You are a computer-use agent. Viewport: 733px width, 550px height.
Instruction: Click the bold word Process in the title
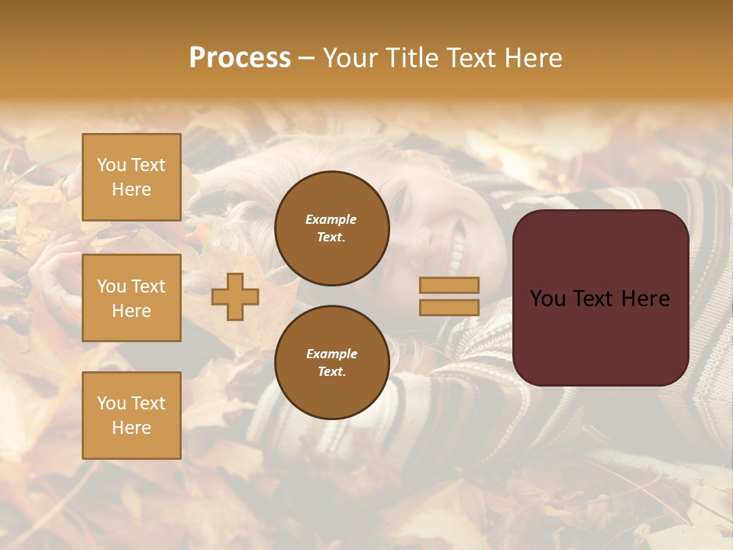pos(240,58)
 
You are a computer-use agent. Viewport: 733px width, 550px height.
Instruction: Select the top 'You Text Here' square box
pos(131,177)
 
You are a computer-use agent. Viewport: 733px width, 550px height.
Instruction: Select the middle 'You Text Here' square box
pos(131,298)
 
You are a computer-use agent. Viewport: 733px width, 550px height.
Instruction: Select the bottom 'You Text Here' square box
pos(131,416)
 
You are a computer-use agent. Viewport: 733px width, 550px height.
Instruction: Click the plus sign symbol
pos(235,296)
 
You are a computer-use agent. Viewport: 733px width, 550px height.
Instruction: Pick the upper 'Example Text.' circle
pos(332,228)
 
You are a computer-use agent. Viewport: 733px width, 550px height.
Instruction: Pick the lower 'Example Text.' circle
pos(332,362)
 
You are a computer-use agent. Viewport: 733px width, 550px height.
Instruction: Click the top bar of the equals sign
pos(449,285)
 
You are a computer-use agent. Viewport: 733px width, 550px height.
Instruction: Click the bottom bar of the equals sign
pos(449,307)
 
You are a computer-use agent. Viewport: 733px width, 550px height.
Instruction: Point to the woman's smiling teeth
pos(457,247)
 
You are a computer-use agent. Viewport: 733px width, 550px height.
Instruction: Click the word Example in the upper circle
pos(331,219)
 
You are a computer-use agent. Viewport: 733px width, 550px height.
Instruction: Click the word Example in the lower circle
pos(331,354)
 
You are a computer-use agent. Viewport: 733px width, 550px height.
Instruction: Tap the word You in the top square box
pos(111,165)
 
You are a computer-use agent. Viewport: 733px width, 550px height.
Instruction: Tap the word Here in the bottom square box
pos(131,428)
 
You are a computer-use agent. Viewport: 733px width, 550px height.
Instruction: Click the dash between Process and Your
pos(306,59)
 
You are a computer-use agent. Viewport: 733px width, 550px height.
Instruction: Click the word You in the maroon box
pos(547,299)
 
